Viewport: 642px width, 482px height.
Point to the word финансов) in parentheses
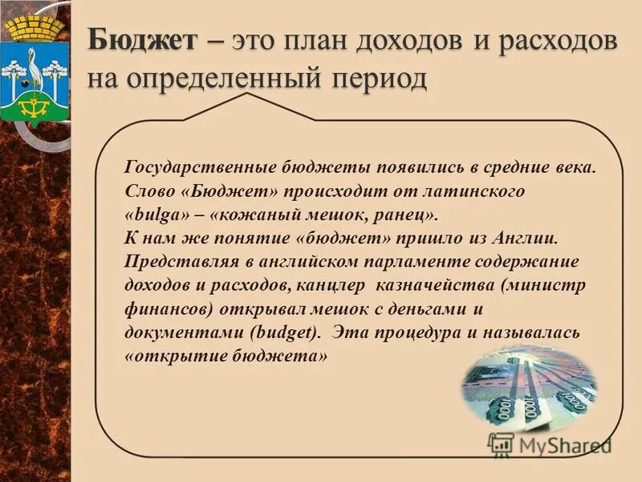[x=167, y=308]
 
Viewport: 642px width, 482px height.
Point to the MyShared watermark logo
[x=550, y=443]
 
